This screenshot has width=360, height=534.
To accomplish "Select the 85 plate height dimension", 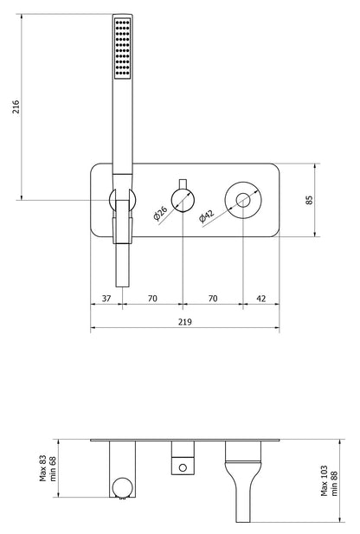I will (x=334, y=200).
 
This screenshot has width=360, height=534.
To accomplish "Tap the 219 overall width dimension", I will (x=185, y=321).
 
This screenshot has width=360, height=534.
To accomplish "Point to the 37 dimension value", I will (x=106, y=299).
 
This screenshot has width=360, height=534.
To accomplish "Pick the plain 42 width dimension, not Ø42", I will (x=260, y=299).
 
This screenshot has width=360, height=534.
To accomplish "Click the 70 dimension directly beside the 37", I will (x=151, y=299).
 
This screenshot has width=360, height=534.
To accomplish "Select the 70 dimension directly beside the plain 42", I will (x=213, y=299).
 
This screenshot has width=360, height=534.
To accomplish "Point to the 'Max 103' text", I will (x=325, y=478).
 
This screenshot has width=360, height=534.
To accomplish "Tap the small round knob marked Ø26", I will (x=183, y=200).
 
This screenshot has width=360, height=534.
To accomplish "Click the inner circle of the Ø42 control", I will (x=243, y=200).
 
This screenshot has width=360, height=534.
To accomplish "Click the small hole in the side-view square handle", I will (x=182, y=468).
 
